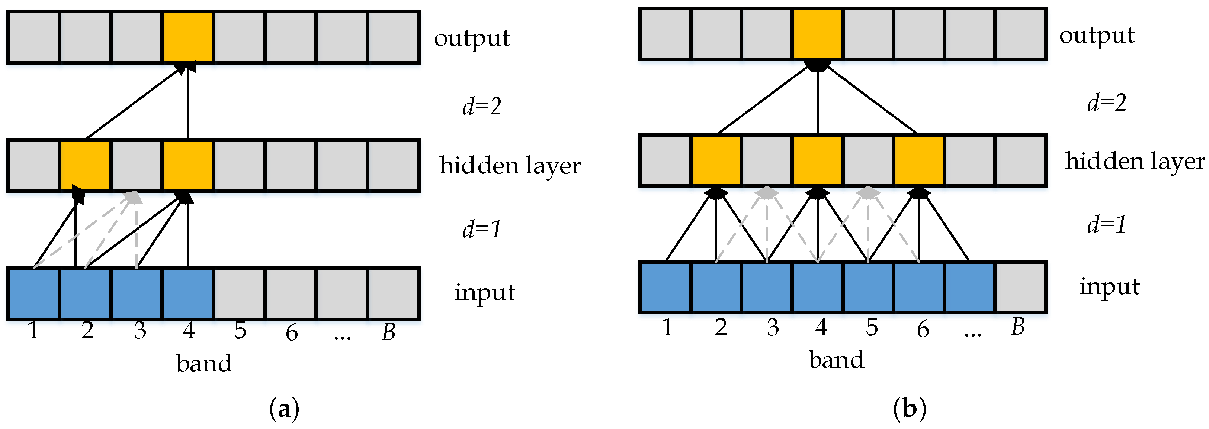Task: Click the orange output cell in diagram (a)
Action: [188, 37]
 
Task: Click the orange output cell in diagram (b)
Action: [817, 34]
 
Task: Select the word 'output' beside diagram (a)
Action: [471, 38]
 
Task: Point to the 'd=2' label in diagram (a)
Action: [481, 105]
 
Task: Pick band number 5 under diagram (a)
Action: [240, 331]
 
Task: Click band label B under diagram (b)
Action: [1017, 327]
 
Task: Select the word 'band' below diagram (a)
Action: [204, 363]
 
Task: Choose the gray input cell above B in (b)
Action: [1020, 287]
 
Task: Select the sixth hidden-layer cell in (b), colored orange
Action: [919, 161]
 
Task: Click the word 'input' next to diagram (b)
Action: [1109, 286]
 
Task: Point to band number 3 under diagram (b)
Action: [773, 327]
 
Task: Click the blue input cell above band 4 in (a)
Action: [188, 293]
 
